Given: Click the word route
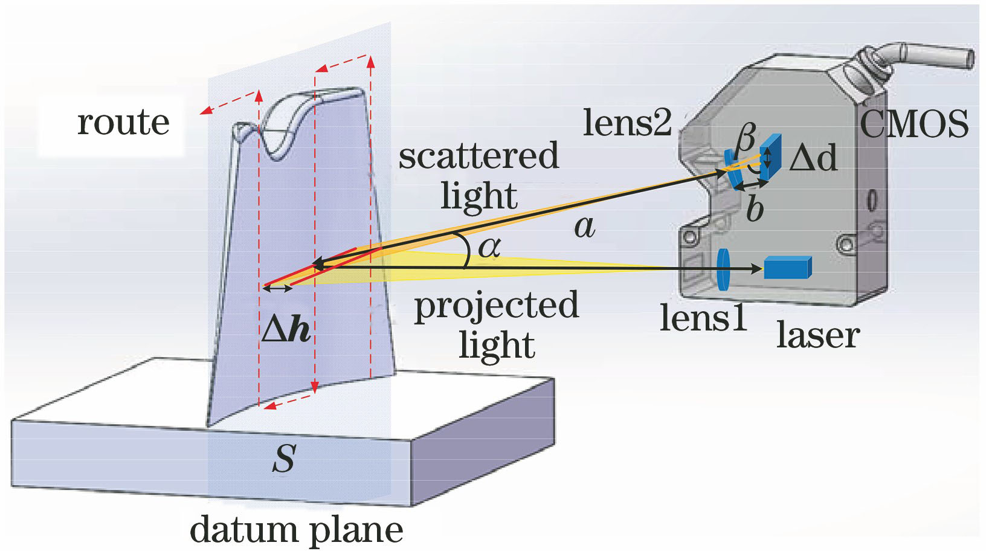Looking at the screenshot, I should pyautogui.click(x=123, y=123).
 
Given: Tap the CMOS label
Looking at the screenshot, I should pyautogui.click(x=913, y=124).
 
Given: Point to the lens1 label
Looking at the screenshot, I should pyautogui.click(x=703, y=318).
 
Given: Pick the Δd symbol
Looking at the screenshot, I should pyautogui.click(x=813, y=159).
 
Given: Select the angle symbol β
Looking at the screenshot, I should pyautogui.click(x=746, y=138).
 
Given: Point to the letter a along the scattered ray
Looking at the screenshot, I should pyautogui.click(x=584, y=227).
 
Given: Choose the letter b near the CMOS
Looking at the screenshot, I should pyautogui.click(x=755, y=208).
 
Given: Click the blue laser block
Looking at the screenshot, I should pyautogui.click(x=787, y=268).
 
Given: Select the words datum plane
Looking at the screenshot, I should pyautogui.click(x=296, y=530).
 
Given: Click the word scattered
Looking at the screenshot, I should pyautogui.click(x=478, y=156).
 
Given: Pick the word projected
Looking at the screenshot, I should pyautogui.click(x=496, y=306).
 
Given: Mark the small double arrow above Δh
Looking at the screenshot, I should pyautogui.click(x=278, y=289).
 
